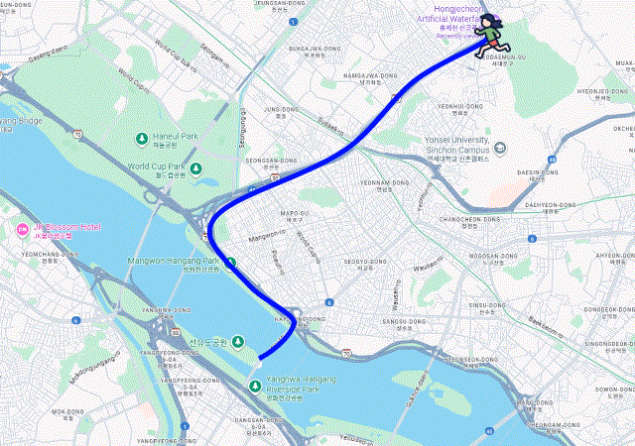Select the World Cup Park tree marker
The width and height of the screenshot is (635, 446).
(196, 167)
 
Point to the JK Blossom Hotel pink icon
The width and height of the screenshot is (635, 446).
(23, 230)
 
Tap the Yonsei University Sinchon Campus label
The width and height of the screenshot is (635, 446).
(452, 149)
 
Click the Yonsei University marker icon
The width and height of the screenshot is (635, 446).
(499, 148)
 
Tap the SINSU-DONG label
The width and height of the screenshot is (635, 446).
(486, 305)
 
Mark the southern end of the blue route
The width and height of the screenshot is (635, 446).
(260, 357)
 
